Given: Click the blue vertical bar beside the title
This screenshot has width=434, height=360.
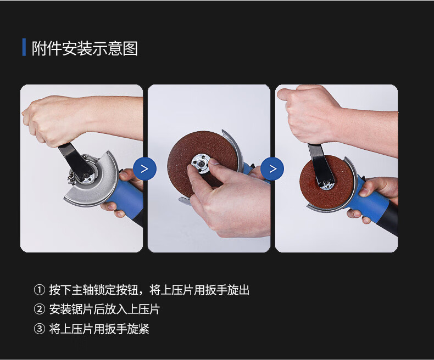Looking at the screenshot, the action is click(x=24, y=47).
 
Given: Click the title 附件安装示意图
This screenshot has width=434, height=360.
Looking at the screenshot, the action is click(x=85, y=48).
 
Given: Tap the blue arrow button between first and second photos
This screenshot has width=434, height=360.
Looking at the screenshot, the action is click(x=145, y=168).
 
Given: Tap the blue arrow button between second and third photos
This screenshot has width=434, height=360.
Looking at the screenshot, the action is click(x=272, y=168).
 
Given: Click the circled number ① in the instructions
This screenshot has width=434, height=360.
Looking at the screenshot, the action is click(x=40, y=290).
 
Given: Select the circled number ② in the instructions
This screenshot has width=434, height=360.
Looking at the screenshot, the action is click(x=40, y=309).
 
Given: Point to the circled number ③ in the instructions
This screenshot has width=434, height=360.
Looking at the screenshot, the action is click(x=40, y=329).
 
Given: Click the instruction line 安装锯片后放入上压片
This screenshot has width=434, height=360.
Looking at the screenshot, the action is click(x=104, y=309).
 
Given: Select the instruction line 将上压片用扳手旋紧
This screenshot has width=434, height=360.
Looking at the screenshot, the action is click(x=99, y=329).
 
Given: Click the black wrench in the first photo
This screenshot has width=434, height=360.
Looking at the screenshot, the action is click(x=77, y=163).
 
